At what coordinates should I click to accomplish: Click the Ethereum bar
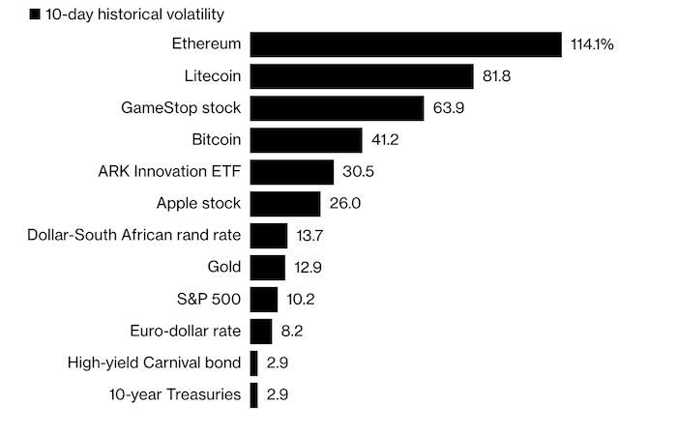click(x=406, y=44)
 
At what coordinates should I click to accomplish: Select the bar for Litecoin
click(x=362, y=76)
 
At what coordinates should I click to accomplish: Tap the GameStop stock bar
click(x=337, y=108)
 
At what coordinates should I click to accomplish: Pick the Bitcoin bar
click(x=306, y=140)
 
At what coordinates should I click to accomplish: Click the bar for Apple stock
click(x=285, y=204)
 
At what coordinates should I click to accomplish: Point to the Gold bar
click(x=267, y=267)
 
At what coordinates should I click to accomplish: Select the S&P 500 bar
click(x=264, y=299)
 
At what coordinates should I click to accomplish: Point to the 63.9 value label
click(x=449, y=108)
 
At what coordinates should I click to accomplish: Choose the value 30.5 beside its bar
click(x=358, y=172)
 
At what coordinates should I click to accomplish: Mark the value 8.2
click(x=293, y=331)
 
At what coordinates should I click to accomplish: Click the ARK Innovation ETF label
click(x=169, y=172)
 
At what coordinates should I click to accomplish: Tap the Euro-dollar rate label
click(x=185, y=331)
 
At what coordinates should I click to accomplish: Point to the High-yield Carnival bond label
click(x=154, y=362)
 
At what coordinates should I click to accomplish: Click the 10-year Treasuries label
click(x=175, y=394)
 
